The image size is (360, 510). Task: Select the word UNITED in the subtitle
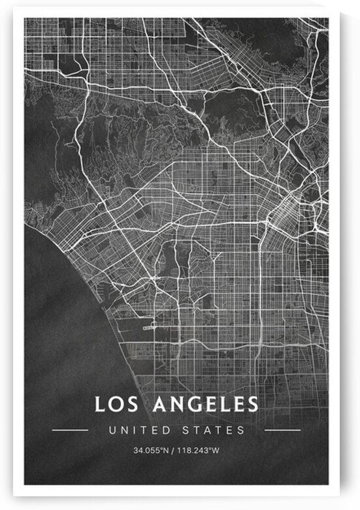(136, 430)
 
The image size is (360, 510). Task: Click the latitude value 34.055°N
(152, 451)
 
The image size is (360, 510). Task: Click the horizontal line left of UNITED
(70, 430)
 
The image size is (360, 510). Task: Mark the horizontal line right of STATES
(282, 430)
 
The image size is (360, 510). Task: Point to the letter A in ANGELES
(161, 404)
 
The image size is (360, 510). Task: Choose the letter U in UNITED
(113, 430)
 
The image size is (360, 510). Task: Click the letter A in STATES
(212, 430)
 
